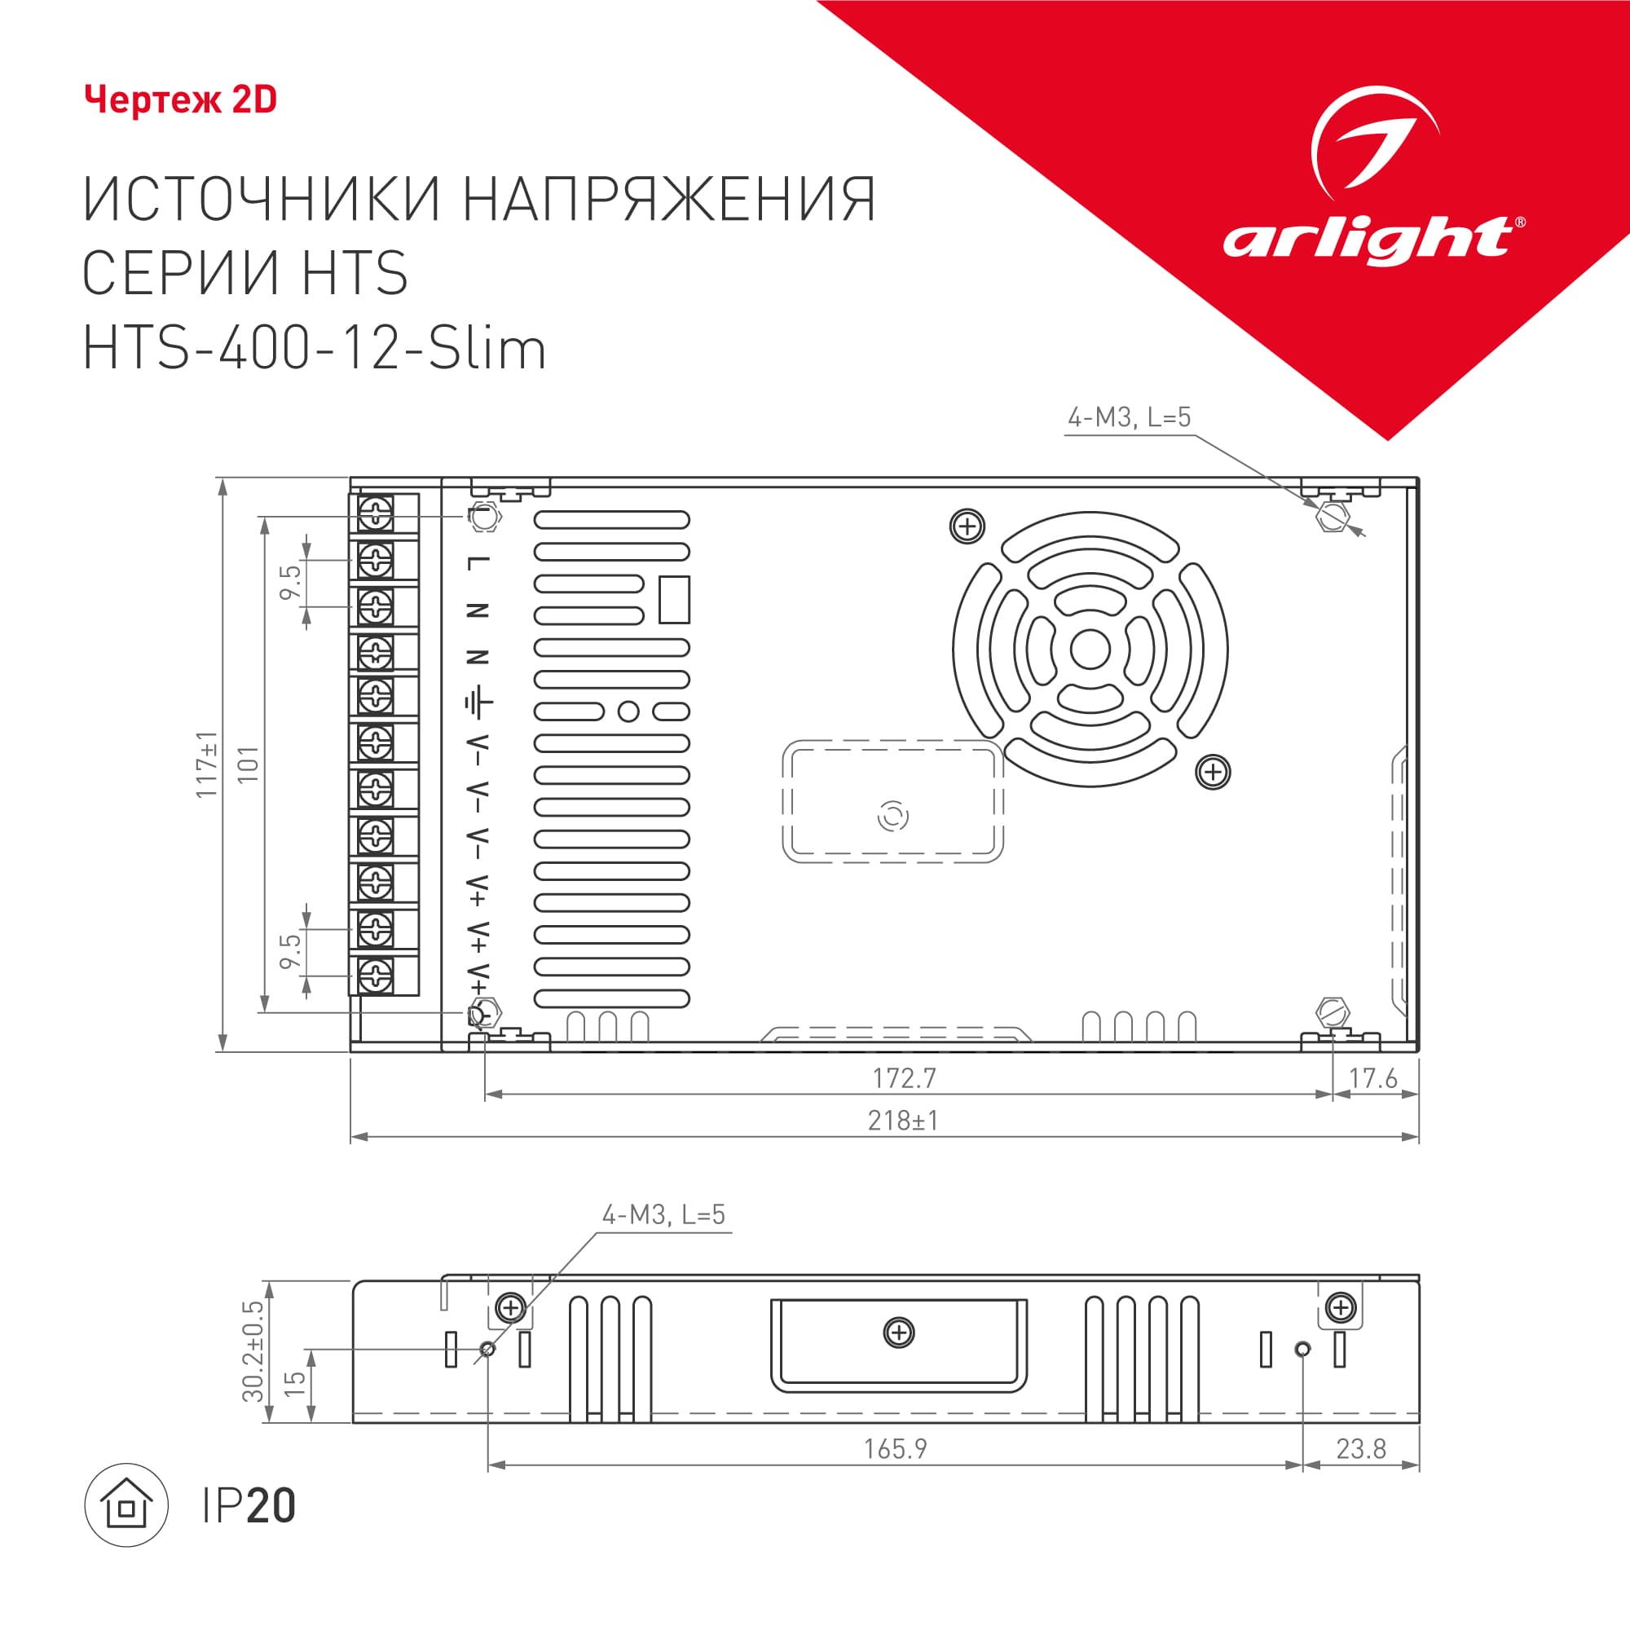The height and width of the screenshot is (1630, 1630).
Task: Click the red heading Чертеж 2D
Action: click(181, 100)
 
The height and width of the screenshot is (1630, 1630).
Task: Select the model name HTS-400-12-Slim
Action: click(315, 350)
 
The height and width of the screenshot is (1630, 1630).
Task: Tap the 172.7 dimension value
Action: click(904, 1078)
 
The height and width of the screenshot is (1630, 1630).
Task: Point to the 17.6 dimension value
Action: click(1372, 1078)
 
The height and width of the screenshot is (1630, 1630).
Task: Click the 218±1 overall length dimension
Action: click(903, 1121)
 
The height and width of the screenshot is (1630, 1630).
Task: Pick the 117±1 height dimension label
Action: click(207, 764)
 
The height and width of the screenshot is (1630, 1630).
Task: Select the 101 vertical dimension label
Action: click(248, 764)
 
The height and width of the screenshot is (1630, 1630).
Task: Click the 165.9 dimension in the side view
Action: click(895, 1449)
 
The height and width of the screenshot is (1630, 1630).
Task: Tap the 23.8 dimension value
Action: click(1361, 1449)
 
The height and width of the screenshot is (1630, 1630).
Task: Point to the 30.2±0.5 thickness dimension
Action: click(253, 1350)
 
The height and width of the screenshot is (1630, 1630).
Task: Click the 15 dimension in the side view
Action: click(294, 1384)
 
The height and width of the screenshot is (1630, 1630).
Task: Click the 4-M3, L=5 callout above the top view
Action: click(1129, 416)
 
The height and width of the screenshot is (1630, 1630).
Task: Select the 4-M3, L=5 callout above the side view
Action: click(663, 1215)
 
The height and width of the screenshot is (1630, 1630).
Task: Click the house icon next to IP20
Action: click(126, 1505)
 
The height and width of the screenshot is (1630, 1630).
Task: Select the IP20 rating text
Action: click(249, 1506)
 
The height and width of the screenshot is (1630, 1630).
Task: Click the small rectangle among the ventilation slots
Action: click(674, 600)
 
